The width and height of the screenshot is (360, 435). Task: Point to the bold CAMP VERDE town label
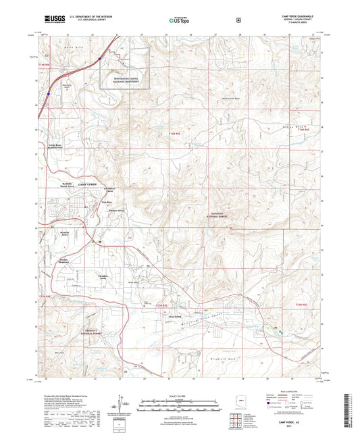tap(88, 184)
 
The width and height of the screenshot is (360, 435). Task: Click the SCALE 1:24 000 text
tap(180, 396)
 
